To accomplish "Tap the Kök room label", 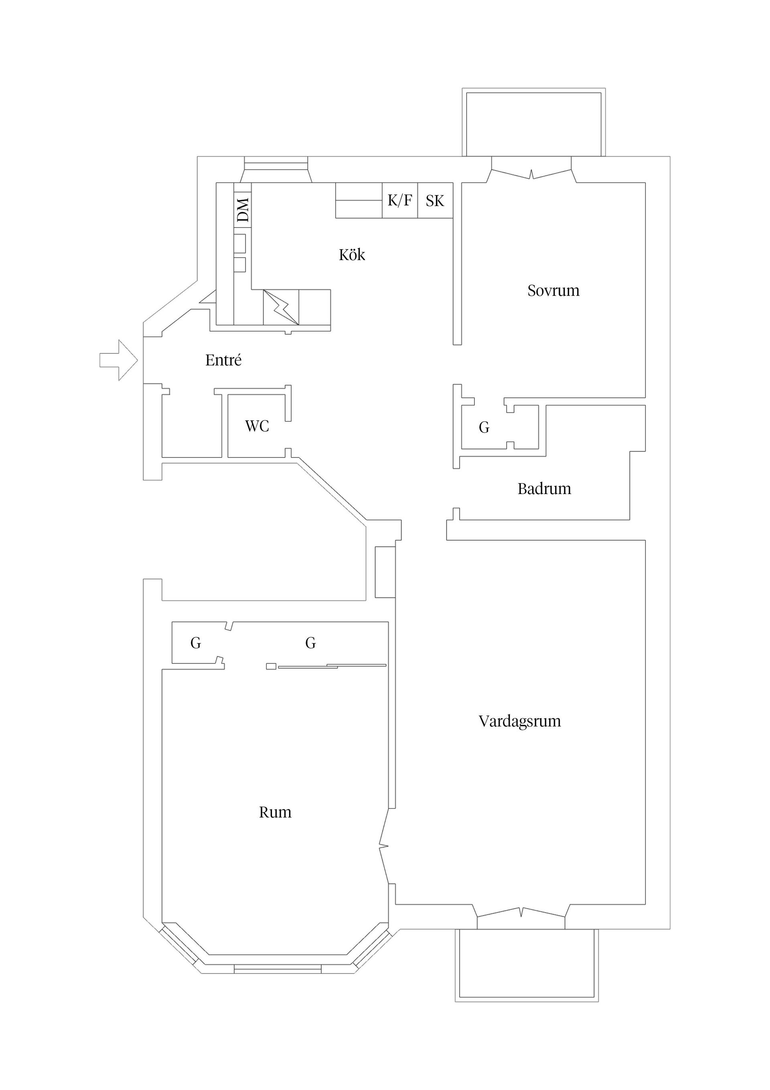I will (x=352, y=255).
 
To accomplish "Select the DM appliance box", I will (x=243, y=210).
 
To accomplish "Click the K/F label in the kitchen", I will (x=399, y=200).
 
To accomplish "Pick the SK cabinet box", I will (x=435, y=201).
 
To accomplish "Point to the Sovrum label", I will (x=553, y=291).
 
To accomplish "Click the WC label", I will (x=257, y=426).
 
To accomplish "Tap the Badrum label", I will (x=544, y=489).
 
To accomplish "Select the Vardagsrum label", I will (x=519, y=721).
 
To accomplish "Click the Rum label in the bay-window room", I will (x=275, y=812).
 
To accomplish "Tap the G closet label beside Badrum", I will (x=484, y=427).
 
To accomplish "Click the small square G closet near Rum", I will (x=195, y=643).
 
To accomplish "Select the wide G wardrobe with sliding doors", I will (x=310, y=643).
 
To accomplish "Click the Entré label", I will (x=223, y=360).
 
